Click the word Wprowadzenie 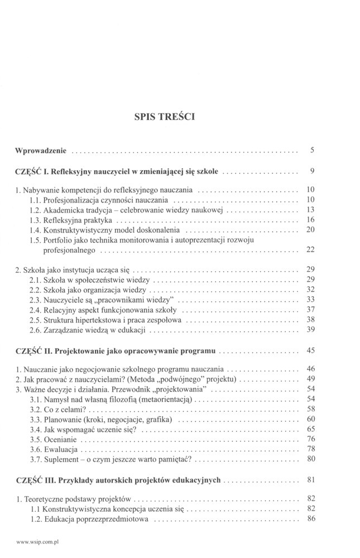[42, 151]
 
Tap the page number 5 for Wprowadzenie [313, 151]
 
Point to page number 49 [311, 379]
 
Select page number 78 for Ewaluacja [311, 449]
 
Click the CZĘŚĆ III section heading [121, 479]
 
